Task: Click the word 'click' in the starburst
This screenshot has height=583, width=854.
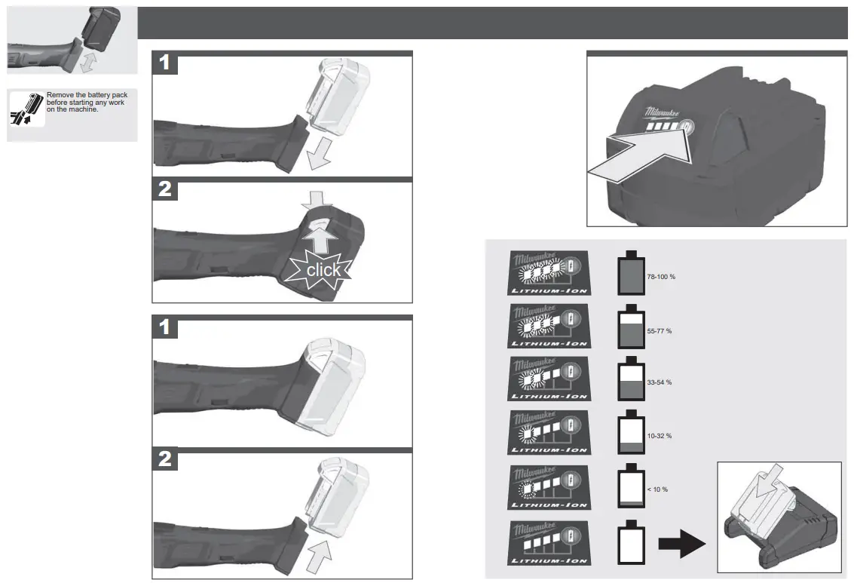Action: click(323, 269)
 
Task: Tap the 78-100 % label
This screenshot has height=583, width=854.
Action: click(660, 278)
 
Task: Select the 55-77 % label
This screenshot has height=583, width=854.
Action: click(659, 331)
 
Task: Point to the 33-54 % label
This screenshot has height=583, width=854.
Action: click(659, 382)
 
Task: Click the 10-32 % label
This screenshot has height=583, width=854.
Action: click(659, 436)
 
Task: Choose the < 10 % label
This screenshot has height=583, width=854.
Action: click(657, 489)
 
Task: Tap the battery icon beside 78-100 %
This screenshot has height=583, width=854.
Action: click(631, 274)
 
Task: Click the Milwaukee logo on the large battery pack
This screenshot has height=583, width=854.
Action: click(663, 113)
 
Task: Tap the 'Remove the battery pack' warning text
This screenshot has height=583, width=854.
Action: click(86, 103)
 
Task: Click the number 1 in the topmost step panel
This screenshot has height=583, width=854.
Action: click(165, 64)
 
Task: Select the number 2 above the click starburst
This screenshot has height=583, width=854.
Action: click(165, 189)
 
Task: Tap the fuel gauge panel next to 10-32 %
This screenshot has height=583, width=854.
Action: click(549, 432)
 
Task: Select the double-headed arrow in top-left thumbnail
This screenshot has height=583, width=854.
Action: click(87, 62)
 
